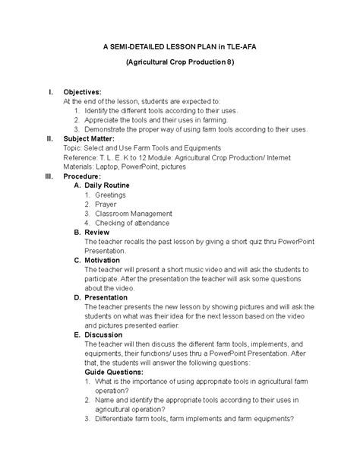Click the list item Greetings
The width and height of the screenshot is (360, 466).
coord(110,195)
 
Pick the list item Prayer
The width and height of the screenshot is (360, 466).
coord(106,204)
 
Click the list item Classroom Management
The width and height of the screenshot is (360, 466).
coord(134,214)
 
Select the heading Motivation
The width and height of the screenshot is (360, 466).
coord(103,260)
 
